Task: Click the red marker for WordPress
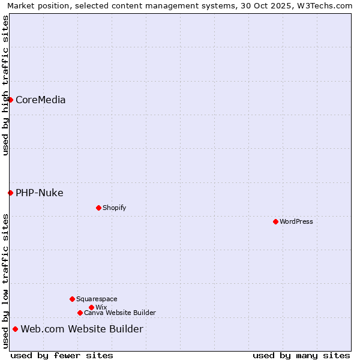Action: point(275,221)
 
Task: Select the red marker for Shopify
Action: point(98,208)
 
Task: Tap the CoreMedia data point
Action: point(10,100)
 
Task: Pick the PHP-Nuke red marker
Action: point(10,193)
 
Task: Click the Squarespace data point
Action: point(72,299)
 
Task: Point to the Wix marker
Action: point(91,307)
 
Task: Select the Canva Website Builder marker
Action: point(80,313)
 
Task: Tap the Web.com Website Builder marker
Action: point(15,329)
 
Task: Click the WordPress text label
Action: point(296,221)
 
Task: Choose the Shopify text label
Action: point(114,208)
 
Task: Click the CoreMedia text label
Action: point(41,100)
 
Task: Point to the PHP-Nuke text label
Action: point(40,193)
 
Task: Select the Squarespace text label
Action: point(97,299)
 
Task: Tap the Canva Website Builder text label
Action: point(120,313)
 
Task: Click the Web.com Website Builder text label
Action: point(82,329)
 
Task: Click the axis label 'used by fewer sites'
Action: point(62,355)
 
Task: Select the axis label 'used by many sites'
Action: point(301,355)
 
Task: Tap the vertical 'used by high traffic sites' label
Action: point(5,85)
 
